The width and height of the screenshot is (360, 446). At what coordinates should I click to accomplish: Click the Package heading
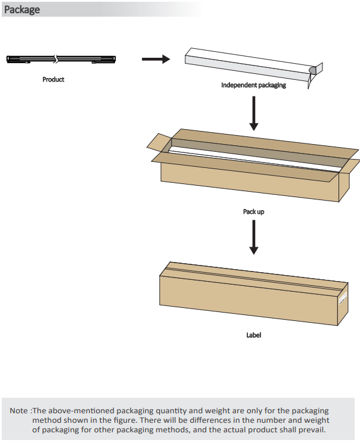tap(22, 10)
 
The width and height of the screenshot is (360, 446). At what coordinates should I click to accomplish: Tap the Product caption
tap(54, 79)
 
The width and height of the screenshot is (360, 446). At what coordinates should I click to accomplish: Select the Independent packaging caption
tap(253, 85)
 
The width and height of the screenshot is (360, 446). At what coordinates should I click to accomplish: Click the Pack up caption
tap(253, 211)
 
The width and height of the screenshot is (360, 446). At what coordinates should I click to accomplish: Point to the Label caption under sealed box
tap(253, 335)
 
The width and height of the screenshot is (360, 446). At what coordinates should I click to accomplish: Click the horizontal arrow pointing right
tap(156, 59)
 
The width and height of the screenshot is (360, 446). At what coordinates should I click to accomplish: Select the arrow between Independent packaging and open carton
tap(254, 114)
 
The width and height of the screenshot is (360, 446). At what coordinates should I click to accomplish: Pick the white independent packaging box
tap(247, 64)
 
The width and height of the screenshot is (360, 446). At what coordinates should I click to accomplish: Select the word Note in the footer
tap(18, 411)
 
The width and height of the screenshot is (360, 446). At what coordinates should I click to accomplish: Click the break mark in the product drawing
tap(57, 59)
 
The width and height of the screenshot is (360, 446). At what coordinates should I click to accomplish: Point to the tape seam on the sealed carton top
tap(250, 273)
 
